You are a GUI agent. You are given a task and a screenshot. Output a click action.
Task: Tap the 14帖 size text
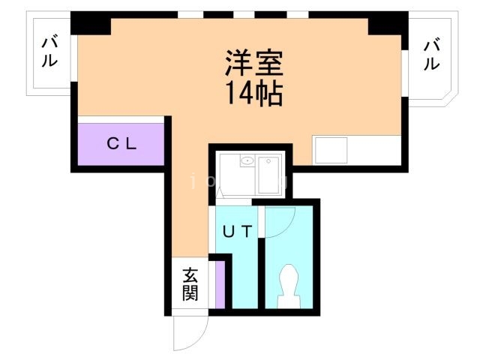[255, 94]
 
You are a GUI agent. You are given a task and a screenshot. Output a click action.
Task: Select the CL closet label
[121, 144]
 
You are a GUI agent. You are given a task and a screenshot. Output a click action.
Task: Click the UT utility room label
[236, 232]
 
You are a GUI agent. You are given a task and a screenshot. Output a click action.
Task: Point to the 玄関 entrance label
[190, 283]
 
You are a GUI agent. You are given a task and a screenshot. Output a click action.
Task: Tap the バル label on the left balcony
[49, 52]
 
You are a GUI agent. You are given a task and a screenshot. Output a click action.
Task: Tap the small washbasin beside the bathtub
[246, 160]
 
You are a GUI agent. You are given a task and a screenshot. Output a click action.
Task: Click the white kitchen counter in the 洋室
[330, 150]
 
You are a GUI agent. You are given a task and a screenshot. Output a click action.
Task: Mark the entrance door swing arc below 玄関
[189, 334]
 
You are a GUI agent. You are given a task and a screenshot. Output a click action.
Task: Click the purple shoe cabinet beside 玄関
[219, 285]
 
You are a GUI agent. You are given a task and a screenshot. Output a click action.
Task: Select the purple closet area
[121, 144]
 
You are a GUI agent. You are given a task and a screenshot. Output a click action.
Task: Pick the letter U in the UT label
[228, 232]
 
